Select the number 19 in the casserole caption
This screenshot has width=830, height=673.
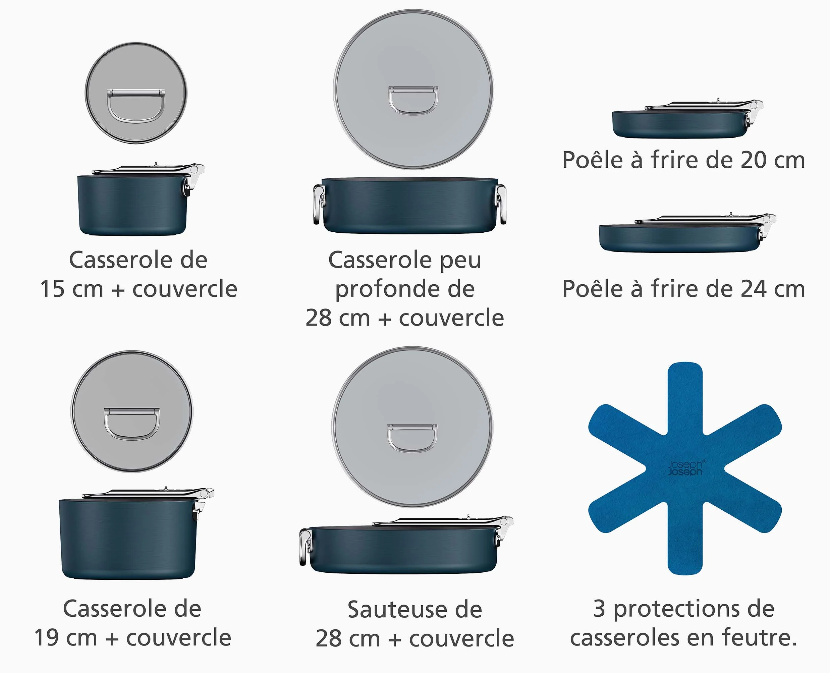[46, 638]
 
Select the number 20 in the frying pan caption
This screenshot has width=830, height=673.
[754, 160]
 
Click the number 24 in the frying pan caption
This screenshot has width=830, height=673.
[754, 289]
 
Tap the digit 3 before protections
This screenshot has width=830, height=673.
[599, 609]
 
